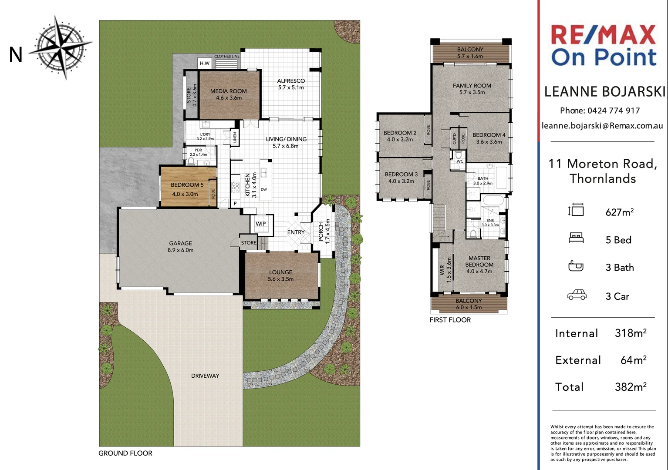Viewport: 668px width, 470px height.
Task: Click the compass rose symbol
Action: pyautogui.click(x=61, y=48)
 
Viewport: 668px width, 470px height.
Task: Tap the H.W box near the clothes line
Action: pyautogui.click(x=205, y=63)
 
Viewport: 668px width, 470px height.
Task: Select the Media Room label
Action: pyautogui.click(x=229, y=91)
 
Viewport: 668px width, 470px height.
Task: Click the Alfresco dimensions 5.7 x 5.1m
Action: pyautogui.click(x=291, y=87)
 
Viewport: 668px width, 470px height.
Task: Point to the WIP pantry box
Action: pyautogui.click(x=261, y=224)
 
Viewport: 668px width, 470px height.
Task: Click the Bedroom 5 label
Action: pyautogui.click(x=187, y=185)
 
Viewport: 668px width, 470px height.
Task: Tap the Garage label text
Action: pyautogui.click(x=180, y=243)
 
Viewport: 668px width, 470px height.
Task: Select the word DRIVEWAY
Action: pyautogui.click(x=205, y=376)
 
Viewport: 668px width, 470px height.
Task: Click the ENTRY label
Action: pyautogui.click(x=296, y=232)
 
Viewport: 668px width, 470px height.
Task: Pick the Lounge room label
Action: pyautogui.click(x=280, y=272)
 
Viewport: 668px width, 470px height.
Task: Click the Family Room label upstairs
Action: pyautogui.click(x=472, y=86)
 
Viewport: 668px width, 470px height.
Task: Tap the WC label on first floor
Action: pyautogui.click(x=460, y=161)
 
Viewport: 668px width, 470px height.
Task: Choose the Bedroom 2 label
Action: pyautogui.click(x=400, y=133)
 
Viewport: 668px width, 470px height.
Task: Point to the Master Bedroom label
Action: pyautogui.click(x=479, y=262)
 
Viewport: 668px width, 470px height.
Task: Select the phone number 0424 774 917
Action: pyautogui.click(x=614, y=111)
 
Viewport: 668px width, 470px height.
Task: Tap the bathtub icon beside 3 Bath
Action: pyautogui.click(x=576, y=266)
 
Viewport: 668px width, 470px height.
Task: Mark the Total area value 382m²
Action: pyautogui.click(x=631, y=387)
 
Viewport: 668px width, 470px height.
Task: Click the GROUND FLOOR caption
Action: pyautogui.click(x=125, y=453)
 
